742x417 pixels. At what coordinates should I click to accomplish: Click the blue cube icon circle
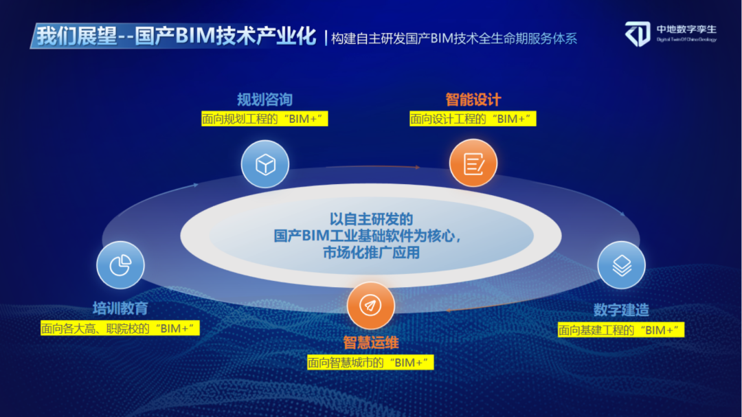(x=265, y=164)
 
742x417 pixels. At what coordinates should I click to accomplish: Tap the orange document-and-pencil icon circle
(x=473, y=163)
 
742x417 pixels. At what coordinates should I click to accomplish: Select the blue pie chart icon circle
(x=120, y=265)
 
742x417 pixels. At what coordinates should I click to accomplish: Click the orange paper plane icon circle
(x=370, y=305)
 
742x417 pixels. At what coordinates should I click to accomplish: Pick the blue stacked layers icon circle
(x=621, y=265)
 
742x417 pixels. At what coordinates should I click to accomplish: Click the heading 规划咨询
(x=265, y=100)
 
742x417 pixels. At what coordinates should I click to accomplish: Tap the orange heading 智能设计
(x=473, y=100)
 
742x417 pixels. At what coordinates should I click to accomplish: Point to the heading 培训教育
(x=120, y=308)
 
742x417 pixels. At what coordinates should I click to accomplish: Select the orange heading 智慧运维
(x=370, y=342)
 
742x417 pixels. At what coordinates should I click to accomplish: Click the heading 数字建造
(x=621, y=310)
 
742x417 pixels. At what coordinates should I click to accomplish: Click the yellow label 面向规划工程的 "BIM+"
(x=265, y=118)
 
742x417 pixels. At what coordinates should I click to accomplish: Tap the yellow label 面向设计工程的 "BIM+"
(x=473, y=118)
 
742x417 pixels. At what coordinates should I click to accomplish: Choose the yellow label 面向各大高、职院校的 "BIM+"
(x=120, y=328)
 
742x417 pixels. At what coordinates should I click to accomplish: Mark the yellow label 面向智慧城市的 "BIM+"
(x=370, y=363)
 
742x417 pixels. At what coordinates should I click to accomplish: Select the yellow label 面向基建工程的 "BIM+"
(x=621, y=330)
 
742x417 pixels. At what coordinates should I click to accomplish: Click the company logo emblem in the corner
(x=638, y=34)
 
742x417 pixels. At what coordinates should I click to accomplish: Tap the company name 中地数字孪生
(x=686, y=30)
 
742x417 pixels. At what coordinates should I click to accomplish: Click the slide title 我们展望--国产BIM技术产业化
(x=176, y=36)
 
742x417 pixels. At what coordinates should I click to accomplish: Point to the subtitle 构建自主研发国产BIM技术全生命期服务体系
(x=454, y=38)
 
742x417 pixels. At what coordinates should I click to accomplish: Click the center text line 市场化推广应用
(x=371, y=252)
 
